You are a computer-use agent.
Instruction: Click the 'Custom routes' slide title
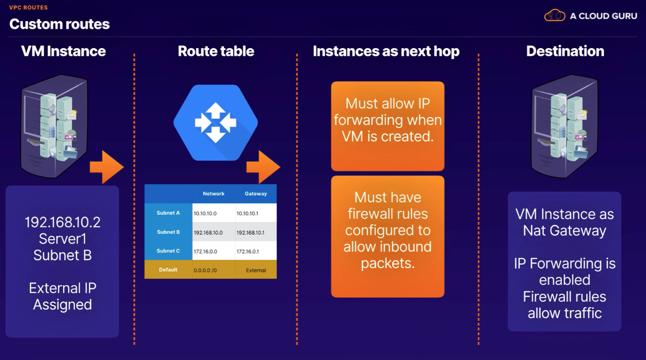pos(59,24)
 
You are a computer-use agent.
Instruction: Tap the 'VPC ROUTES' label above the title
pos(28,7)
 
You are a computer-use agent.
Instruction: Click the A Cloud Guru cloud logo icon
pos(554,15)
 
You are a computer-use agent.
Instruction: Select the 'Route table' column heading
pos(216,51)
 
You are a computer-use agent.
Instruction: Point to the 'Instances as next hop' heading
pos(386,52)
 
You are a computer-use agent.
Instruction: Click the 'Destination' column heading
pos(565,51)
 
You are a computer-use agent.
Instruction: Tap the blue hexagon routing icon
pos(216,122)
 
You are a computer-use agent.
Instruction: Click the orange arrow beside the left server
pos(107,167)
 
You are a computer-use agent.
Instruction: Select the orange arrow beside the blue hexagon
pos(263,167)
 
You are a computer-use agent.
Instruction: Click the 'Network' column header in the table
pos(213,194)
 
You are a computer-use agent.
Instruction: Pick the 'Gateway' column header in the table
pos(256,194)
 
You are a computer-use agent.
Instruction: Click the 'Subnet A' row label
pos(168,213)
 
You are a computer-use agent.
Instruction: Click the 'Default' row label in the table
pos(168,270)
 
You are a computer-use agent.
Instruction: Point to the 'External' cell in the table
pos(256,270)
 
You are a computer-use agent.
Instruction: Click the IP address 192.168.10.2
pos(63,223)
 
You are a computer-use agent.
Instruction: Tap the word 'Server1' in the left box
pos(63,239)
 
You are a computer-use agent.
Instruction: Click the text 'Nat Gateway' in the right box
pos(565,231)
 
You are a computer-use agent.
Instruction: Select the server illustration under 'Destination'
pos(564,126)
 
